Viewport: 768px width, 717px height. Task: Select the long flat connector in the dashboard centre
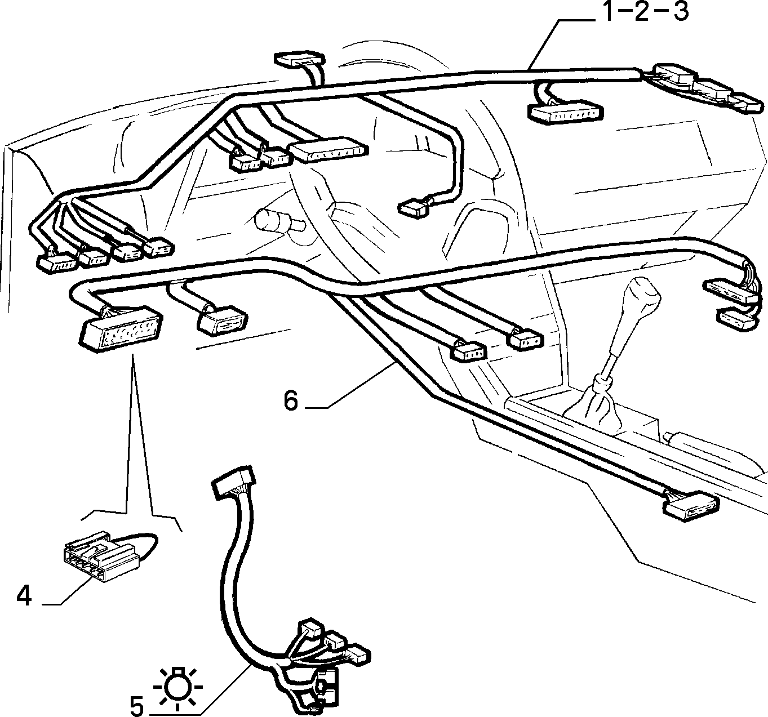(328, 150)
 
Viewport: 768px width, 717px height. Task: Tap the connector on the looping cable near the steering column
(415, 207)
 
